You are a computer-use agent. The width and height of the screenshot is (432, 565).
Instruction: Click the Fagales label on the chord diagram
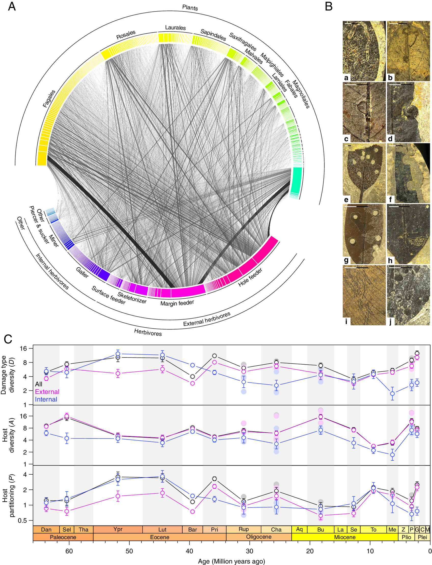coord(49,99)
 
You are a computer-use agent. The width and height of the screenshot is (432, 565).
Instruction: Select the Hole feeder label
coord(250,277)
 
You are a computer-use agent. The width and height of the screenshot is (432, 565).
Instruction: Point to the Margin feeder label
coord(177,303)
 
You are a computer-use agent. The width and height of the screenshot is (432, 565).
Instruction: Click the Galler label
coord(82,272)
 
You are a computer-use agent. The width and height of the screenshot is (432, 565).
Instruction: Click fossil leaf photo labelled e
coord(364,173)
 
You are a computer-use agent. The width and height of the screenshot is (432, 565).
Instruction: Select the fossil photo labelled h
coord(408,234)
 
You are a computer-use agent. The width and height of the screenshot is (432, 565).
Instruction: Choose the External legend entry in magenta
coord(47,392)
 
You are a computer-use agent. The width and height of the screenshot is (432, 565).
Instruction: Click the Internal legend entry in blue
coord(46,399)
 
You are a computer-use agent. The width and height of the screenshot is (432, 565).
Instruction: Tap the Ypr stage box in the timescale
coord(118,529)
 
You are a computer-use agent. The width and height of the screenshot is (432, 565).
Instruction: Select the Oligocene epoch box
coord(259,537)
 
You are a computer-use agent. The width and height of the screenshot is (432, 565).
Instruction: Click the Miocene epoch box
coord(345,537)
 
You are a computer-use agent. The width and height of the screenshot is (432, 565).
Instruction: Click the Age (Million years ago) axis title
coord(232,561)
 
